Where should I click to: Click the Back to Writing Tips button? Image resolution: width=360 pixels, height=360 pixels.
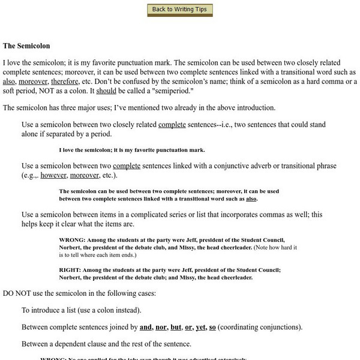pos(179,10)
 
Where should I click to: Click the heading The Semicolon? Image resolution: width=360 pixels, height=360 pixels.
pos(26,46)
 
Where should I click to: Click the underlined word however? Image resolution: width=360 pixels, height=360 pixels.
pos(52,175)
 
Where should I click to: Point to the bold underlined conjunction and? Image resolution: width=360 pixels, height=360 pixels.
pos(146,327)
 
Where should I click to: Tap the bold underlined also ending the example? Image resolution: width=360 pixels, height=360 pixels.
pos(252,199)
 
